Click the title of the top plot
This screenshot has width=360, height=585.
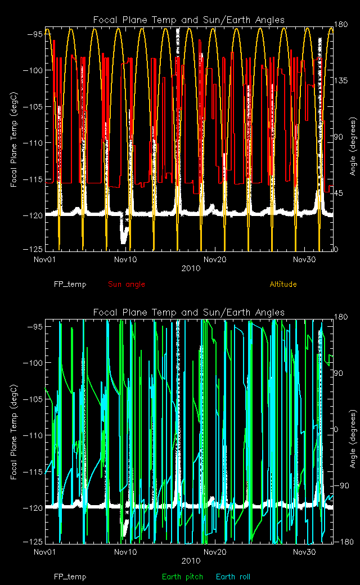[x=189, y=20]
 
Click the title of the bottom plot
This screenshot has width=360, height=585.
[x=189, y=312]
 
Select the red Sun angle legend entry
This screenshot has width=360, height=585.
[x=127, y=284]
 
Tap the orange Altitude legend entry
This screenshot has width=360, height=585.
[x=283, y=284]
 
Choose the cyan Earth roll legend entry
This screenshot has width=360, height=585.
[x=233, y=577]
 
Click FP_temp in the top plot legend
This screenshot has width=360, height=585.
[x=70, y=284]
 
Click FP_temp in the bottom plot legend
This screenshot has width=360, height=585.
[x=70, y=577]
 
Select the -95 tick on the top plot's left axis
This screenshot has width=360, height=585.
[x=35, y=34]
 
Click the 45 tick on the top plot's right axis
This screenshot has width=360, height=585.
[x=340, y=193]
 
